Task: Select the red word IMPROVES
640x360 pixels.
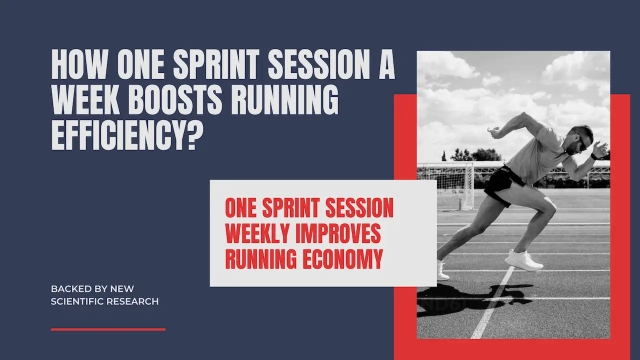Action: [x=340, y=233]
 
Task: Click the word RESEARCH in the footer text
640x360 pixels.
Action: [x=137, y=301]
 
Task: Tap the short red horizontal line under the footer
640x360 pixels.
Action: [x=108, y=329]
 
